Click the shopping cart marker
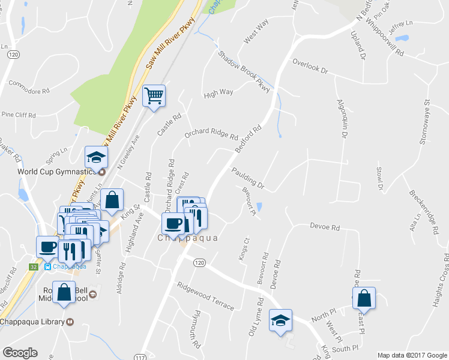[154, 95]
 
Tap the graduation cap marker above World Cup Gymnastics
[95, 157]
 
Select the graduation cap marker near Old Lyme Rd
[280, 320]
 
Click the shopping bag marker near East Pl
[364, 298]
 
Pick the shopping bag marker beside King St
[112, 200]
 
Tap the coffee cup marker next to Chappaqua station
[47, 246]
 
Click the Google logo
[20, 353]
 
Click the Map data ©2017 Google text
[412, 355]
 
